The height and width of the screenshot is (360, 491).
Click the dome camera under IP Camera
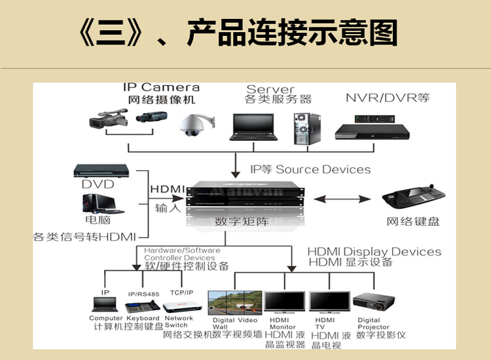click(x=193, y=125)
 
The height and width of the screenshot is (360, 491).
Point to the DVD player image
click(x=99, y=170)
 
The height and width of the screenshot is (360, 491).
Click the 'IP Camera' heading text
click(x=161, y=87)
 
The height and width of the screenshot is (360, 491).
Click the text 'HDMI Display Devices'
click(x=374, y=252)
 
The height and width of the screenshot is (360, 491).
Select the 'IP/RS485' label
click(x=143, y=293)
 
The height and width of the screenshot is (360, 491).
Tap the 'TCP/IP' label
click(x=181, y=292)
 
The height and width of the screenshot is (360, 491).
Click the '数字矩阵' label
click(x=242, y=222)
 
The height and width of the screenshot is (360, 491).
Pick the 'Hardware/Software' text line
click(x=182, y=250)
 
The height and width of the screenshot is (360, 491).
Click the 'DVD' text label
click(x=98, y=185)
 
